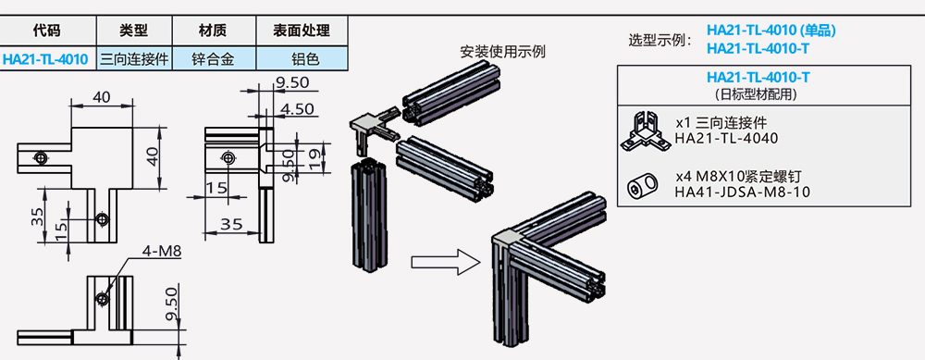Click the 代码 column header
45,31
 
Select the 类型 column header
132,31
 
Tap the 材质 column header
212,31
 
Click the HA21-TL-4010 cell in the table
45,59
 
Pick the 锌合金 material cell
212,59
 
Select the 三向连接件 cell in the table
132,59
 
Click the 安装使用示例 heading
502,52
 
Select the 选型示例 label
659,40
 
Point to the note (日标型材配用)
758,94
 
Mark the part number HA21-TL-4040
726,139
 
